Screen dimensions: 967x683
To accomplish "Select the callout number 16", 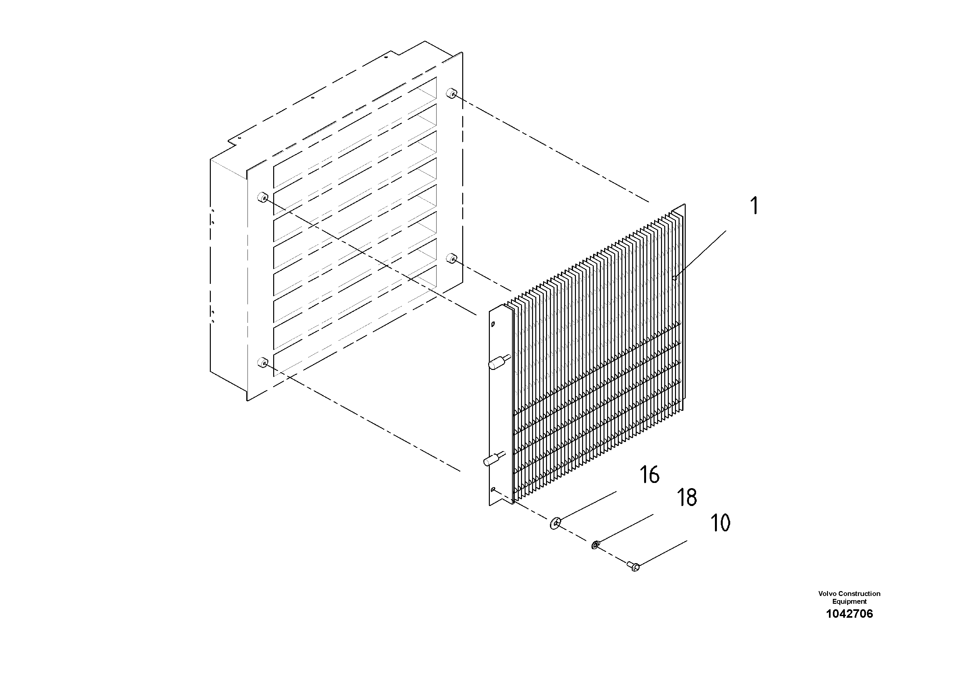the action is tap(649, 475).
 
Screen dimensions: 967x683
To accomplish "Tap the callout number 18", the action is tap(687, 498).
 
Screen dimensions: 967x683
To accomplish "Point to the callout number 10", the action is tap(720, 523).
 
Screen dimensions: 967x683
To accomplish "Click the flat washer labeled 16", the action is tap(555, 524).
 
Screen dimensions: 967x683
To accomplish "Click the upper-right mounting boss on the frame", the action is tap(452, 93).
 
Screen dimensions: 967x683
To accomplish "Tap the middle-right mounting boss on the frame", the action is tap(452, 258).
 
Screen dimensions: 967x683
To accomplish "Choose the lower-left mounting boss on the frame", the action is tap(263, 362).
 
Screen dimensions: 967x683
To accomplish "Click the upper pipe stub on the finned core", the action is tap(499, 362).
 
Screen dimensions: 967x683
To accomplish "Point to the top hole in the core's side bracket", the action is tap(493, 324).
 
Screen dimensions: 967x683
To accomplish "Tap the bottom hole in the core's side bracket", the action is tap(493, 489).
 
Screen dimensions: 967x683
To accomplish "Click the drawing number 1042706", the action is tap(849, 614).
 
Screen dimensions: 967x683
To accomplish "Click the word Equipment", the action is tap(849, 601).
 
